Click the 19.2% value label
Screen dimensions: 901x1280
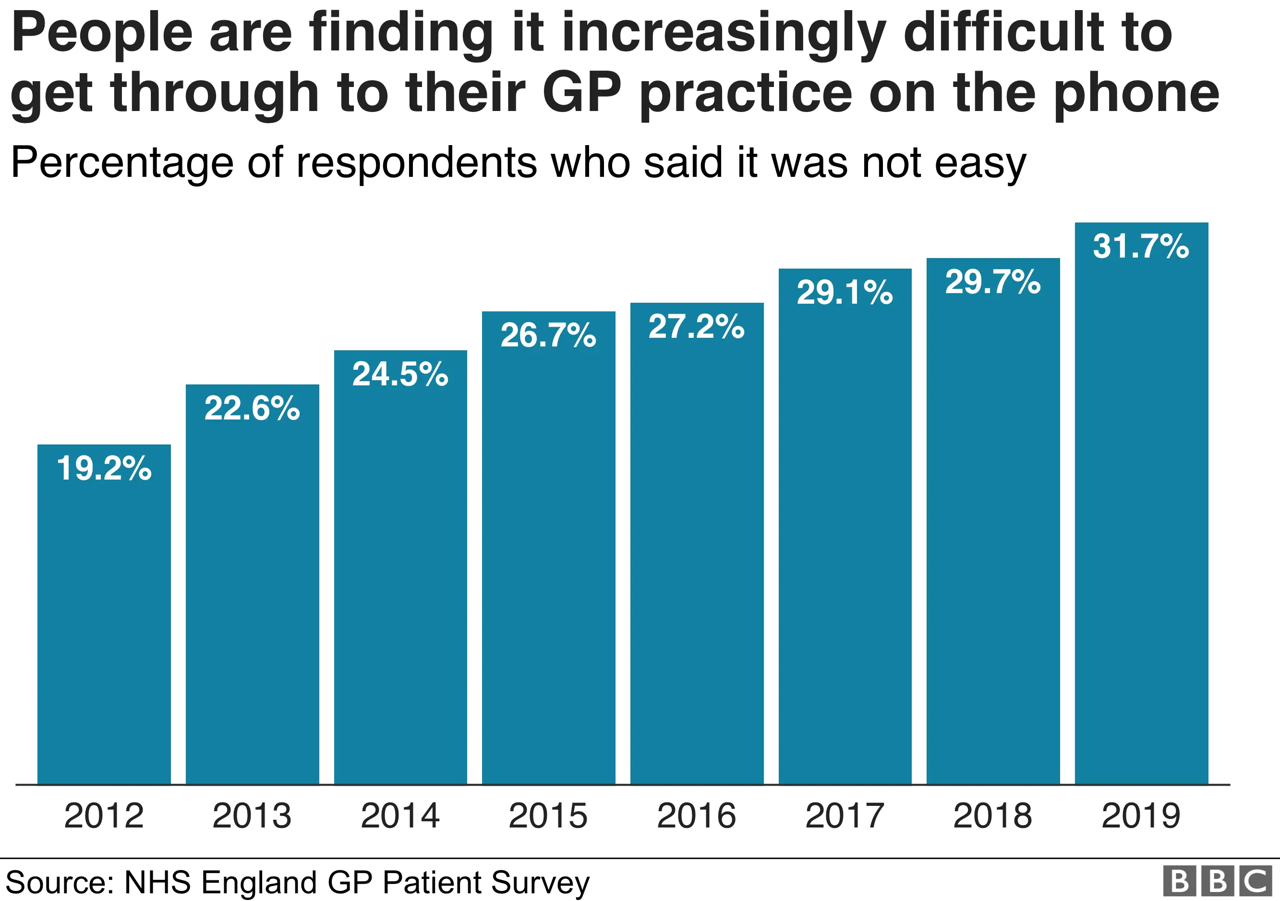(x=104, y=468)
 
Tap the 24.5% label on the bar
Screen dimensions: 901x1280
(x=400, y=374)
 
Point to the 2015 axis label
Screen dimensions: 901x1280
(x=548, y=815)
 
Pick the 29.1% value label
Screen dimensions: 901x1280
(x=844, y=292)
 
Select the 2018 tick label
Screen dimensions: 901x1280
(x=992, y=815)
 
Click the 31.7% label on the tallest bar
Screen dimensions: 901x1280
(x=1141, y=246)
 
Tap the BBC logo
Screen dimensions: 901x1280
(x=1218, y=881)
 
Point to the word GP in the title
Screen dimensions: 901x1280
(x=581, y=92)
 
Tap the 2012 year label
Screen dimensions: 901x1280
(x=104, y=815)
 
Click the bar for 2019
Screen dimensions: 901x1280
(x=1141, y=530)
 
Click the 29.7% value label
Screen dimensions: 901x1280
(x=992, y=282)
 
